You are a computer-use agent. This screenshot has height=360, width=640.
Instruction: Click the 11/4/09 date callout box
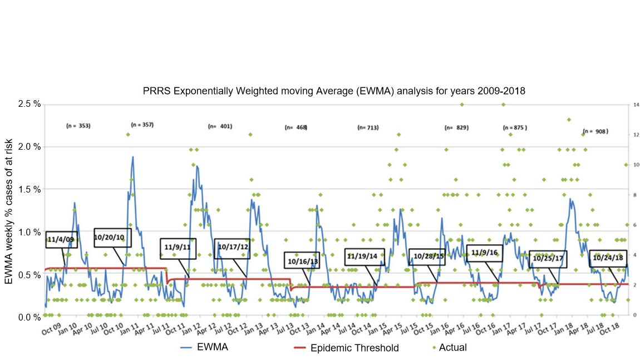tap(61, 239)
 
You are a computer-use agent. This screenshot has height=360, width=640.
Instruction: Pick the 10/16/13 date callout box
tap(303, 260)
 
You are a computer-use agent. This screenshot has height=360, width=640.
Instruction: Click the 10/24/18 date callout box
tap(607, 258)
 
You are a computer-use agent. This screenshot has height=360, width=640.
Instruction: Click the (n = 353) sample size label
tap(78, 126)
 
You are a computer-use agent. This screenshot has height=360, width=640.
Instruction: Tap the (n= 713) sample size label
tap(368, 128)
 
